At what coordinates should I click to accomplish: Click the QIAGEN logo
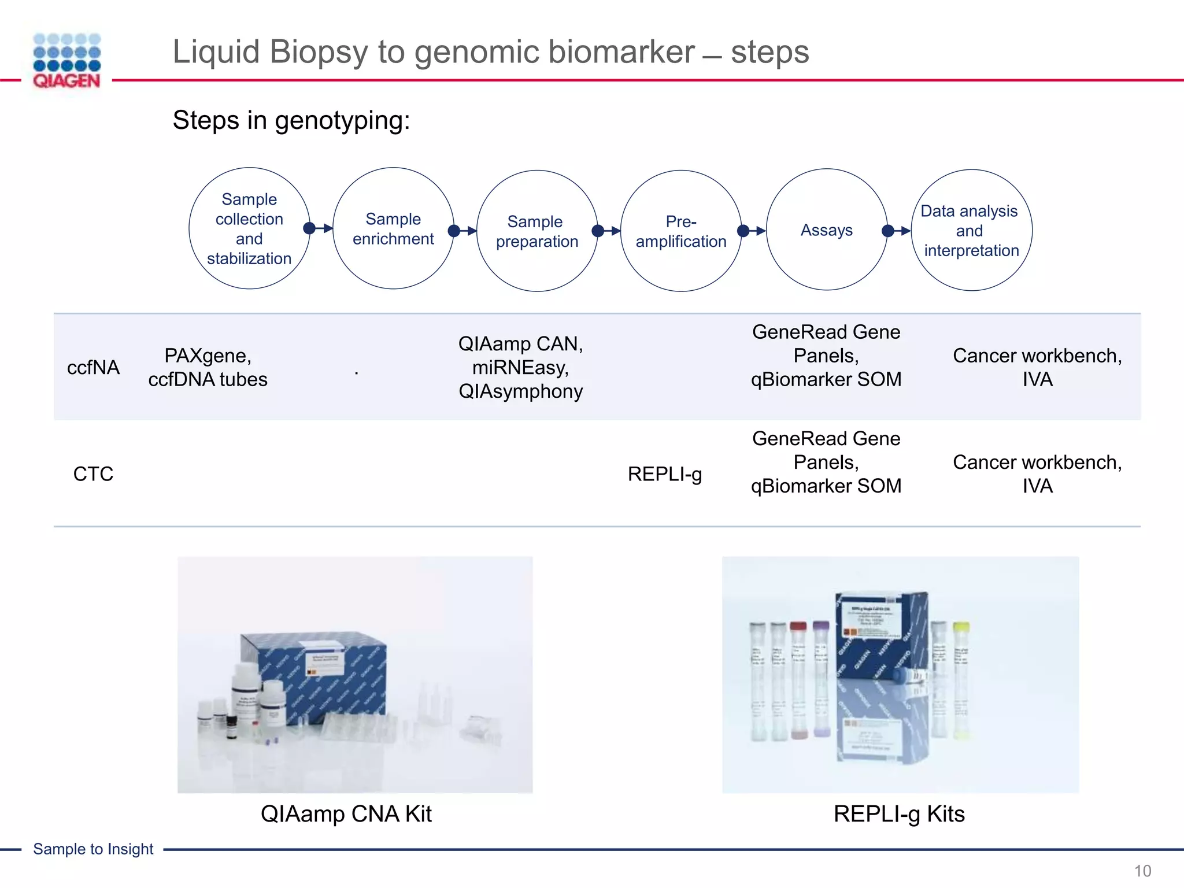[x=66, y=61]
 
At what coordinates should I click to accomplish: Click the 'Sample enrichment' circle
[x=393, y=229]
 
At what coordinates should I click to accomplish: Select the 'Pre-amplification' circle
[x=681, y=231]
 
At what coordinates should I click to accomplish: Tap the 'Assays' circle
[x=826, y=230]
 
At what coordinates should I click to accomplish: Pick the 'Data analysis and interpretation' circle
[x=971, y=230]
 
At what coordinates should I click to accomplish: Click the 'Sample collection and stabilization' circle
[x=249, y=229]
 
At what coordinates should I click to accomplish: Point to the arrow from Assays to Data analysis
[x=897, y=231]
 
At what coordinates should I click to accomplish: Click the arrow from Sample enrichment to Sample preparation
[x=465, y=231]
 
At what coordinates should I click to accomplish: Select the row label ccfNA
[x=93, y=368]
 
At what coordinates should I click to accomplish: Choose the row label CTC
[x=93, y=474]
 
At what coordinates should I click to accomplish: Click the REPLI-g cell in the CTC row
[x=665, y=474]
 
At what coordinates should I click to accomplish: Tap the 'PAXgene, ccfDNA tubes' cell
[x=208, y=368]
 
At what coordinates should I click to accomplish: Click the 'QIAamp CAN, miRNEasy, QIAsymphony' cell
[x=520, y=368]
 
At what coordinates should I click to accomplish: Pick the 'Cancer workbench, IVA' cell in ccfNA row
[x=1037, y=368]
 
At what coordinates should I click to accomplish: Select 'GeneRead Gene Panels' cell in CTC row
[x=826, y=462]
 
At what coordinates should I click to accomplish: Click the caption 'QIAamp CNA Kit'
[x=346, y=814]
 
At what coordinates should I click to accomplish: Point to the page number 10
[x=1142, y=871]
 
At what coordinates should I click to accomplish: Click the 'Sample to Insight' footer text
[x=93, y=849]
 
